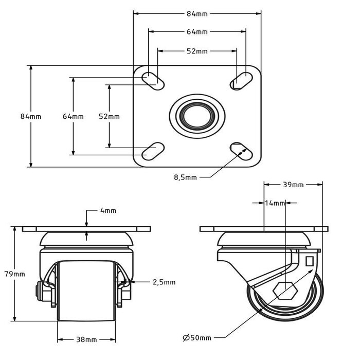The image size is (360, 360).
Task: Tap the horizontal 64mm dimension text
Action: pos(197,32)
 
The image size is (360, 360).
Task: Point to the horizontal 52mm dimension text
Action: pos(197,51)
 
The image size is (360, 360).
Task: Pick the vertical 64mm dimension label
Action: pos(73,116)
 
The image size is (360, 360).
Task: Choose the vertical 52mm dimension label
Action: pos(109,116)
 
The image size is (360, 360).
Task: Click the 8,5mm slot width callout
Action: pos(185,178)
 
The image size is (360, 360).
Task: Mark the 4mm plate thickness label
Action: pos(109,210)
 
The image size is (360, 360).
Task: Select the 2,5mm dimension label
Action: pos(164,282)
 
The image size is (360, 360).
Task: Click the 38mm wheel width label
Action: pos(86,340)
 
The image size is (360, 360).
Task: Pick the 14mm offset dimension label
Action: pos(275,203)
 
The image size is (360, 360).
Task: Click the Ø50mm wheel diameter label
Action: pos(197,338)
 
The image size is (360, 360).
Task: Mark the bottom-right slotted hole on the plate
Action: pos(241,149)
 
